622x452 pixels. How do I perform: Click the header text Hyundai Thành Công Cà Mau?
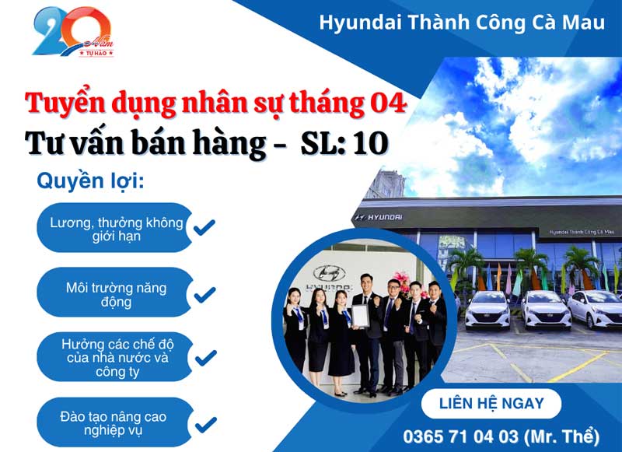coord(462,22)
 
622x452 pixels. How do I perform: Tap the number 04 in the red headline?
coord(388,103)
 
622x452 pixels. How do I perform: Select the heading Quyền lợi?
coord(90,181)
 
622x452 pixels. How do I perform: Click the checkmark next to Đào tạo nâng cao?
coord(204,424)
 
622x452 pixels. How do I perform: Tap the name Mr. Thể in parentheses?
coord(573,434)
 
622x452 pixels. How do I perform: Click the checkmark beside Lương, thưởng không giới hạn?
coord(204,228)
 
